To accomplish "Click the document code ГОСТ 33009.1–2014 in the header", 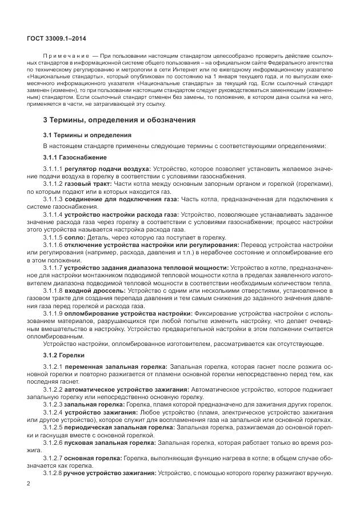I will [55, 38].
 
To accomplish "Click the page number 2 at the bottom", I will [29, 484].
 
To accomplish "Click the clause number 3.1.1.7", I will [53, 268].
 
